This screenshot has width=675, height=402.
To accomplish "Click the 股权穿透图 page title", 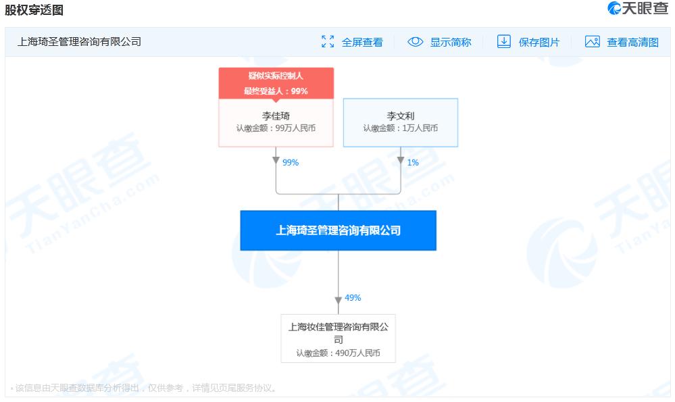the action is coord(34,10).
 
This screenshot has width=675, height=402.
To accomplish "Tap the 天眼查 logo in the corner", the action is coord(638,8).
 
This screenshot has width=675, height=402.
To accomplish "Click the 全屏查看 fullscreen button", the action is coord(352,42).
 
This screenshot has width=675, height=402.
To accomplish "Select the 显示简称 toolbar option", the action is coord(439,42).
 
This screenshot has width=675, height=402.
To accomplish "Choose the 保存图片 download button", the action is coord(528,42).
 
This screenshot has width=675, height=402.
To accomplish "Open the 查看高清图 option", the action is coord(622,42).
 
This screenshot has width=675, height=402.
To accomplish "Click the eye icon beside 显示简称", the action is coord(416,42).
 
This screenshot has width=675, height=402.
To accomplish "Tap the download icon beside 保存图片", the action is coord(503,41).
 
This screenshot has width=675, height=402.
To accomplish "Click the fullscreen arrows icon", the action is coord(328,41).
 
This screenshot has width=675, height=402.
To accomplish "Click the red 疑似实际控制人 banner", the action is coord(276,83).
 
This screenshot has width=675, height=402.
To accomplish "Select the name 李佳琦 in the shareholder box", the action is coord(276,116).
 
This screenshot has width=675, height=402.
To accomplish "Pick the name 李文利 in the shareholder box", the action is coord(401,116).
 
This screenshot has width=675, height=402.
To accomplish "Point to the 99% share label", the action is coord(291,162).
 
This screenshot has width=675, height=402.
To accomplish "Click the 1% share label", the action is coord(413,162).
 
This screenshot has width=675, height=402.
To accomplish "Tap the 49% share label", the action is coord(353,297).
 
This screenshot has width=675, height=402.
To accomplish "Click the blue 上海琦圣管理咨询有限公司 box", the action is coord(339,230).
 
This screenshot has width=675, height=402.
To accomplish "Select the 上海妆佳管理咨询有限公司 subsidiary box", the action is coord(339,338).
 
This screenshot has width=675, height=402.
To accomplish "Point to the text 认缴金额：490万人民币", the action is coord(339,353).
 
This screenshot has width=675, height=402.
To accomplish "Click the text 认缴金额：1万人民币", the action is coord(401,128).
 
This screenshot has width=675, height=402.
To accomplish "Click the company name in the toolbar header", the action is coord(79,42).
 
